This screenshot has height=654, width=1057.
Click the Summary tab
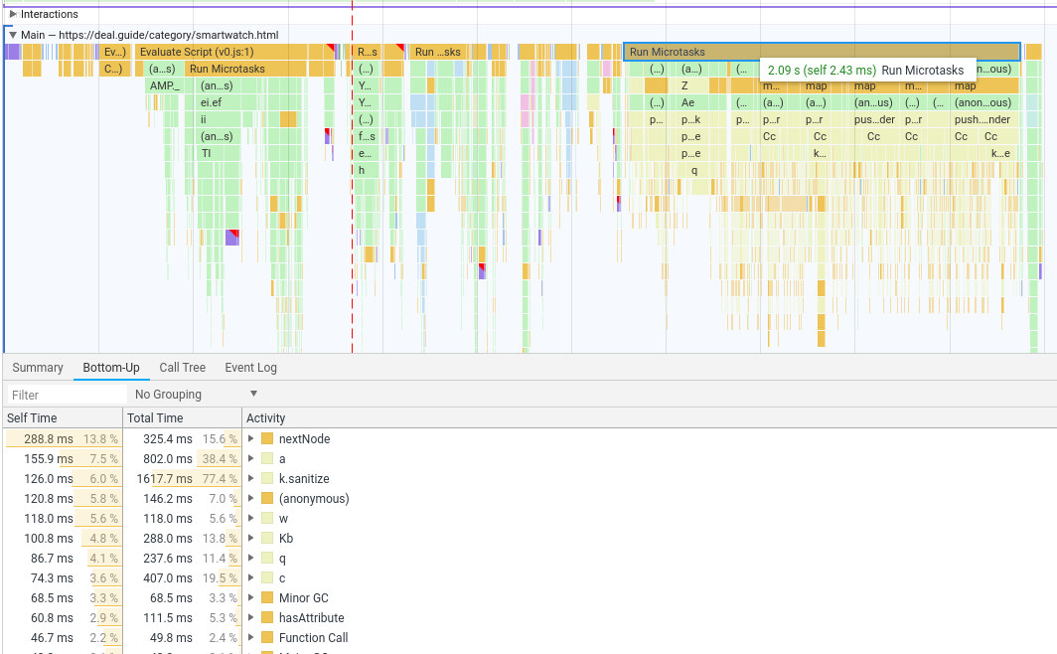(x=38, y=368)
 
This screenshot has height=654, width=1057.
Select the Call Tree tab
(x=183, y=368)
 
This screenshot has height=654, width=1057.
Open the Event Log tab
(x=250, y=368)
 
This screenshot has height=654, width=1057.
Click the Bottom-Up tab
(x=111, y=368)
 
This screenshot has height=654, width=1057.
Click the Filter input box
(x=66, y=395)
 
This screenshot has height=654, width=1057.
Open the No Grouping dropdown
(x=197, y=395)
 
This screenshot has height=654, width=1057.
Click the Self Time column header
(x=33, y=418)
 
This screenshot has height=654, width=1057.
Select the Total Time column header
(x=156, y=418)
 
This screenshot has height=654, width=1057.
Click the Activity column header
(x=266, y=418)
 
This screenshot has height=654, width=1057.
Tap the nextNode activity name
(x=304, y=439)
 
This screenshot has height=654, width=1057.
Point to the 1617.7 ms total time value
(x=165, y=479)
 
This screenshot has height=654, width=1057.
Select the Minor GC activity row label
(x=303, y=598)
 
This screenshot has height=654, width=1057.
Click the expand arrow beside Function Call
(x=251, y=638)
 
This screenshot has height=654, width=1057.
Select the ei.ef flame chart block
(x=211, y=102)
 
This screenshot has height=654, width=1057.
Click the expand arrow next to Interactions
(x=13, y=14)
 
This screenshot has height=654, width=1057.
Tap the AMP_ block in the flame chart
(x=165, y=85)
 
